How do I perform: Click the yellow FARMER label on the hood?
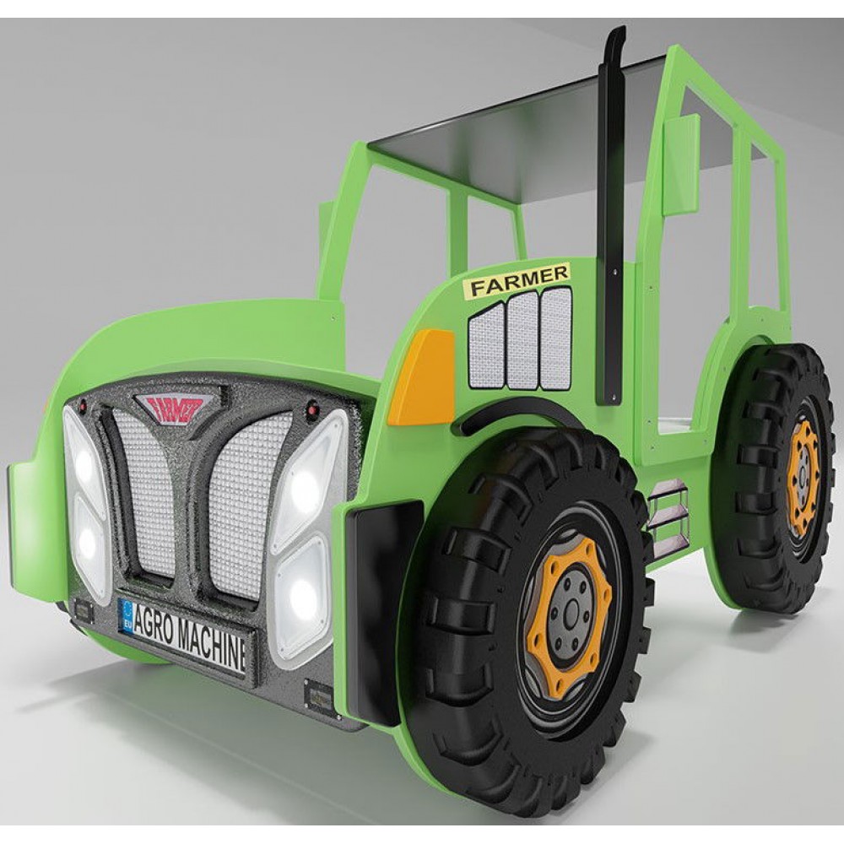(x=518, y=280)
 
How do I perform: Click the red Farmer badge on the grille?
(x=179, y=408)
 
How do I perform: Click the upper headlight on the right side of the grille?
(x=308, y=481)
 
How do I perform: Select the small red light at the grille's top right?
(x=312, y=411)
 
